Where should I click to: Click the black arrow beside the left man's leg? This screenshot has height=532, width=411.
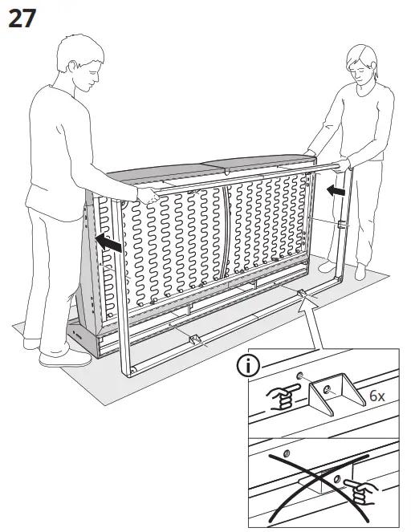click(108, 243)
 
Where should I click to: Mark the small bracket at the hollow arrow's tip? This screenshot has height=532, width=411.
click(303, 295)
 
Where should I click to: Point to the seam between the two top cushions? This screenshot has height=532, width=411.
click(224, 169)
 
